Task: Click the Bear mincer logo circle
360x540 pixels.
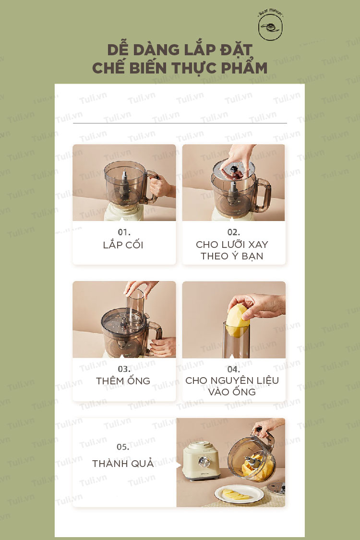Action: [x=271, y=27]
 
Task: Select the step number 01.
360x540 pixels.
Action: [x=124, y=232]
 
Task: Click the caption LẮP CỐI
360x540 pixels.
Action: [x=123, y=245]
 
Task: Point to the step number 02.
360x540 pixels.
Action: [x=234, y=232]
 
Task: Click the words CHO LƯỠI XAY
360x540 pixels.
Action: [x=232, y=244]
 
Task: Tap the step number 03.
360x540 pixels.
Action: [x=124, y=369]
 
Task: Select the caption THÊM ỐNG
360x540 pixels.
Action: [x=123, y=380]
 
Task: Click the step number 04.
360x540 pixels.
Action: [x=234, y=369]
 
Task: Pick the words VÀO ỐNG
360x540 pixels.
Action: [x=232, y=392]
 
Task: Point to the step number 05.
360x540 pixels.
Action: [x=123, y=447]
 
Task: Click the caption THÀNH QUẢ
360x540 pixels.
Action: [x=123, y=463]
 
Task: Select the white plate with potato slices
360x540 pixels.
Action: [x=239, y=494]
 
